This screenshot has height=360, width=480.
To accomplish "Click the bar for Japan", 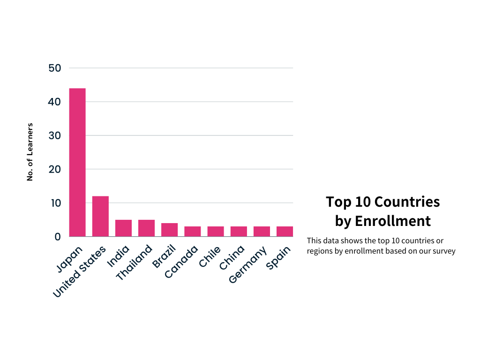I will pyautogui.click(x=77, y=162).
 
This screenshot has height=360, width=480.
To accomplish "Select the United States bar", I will pyautogui.click(x=100, y=216).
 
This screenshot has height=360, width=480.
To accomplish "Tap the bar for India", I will pyautogui.click(x=123, y=228).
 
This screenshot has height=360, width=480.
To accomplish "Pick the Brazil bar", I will pyautogui.click(x=169, y=230).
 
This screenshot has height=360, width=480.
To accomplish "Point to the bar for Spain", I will pyautogui.click(x=285, y=232).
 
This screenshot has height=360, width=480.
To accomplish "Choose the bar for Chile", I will pyautogui.click(x=216, y=232).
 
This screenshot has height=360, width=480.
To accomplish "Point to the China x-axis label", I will pyautogui.click(x=232, y=257).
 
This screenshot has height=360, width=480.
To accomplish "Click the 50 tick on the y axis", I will pyautogui.click(x=55, y=68).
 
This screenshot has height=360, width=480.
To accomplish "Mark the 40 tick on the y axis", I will pyautogui.click(x=55, y=102).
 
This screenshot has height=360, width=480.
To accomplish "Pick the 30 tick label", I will pyautogui.click(x=55, y=135).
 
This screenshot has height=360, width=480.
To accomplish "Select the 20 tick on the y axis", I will pyautogui.click(x=55, y=169).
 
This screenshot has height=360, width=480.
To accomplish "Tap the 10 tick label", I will pyautogui.click(x=55, y=203).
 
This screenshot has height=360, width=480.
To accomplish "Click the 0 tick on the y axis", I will pyautogui.click(x=58, y=237).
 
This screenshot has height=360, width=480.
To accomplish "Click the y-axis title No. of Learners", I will pyautogui.click(x=30, y=152).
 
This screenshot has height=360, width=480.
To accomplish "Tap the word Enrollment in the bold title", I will pyautogui.click(x=393, y=221).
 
